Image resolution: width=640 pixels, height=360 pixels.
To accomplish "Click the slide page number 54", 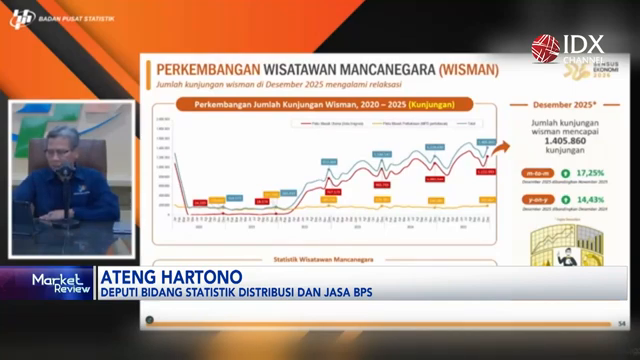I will coord(621,322).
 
